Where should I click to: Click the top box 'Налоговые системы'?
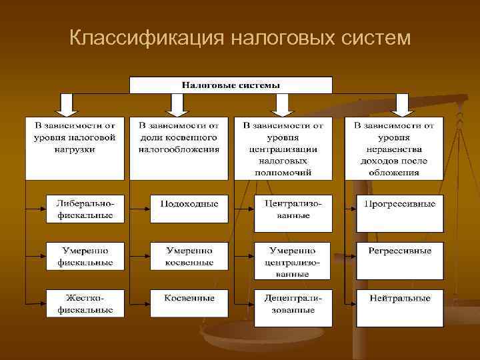[x=231, y=85]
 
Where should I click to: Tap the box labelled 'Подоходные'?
[x=189, y=203]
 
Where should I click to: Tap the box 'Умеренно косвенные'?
[x=189, y=257]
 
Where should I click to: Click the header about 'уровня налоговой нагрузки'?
[x=75, y=148]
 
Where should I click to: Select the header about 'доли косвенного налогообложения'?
[x=179, y=148]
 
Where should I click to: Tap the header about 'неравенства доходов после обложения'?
[x=394, y=148]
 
